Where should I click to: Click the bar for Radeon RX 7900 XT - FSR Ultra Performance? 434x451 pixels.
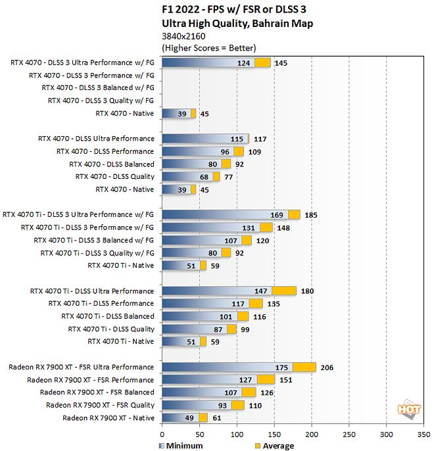(x=238, y=368)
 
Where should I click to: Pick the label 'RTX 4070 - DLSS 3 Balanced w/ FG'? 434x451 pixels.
(x=98, y=87)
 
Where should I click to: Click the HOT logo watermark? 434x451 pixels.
(x=408, y=409)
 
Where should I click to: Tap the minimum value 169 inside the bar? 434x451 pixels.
(x=278, y=215)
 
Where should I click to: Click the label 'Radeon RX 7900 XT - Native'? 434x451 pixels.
(x=108, y=418)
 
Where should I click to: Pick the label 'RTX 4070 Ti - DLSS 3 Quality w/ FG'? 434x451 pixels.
(x=97, y=253)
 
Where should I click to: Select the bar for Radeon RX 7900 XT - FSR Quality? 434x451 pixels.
(x=203, y=406)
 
